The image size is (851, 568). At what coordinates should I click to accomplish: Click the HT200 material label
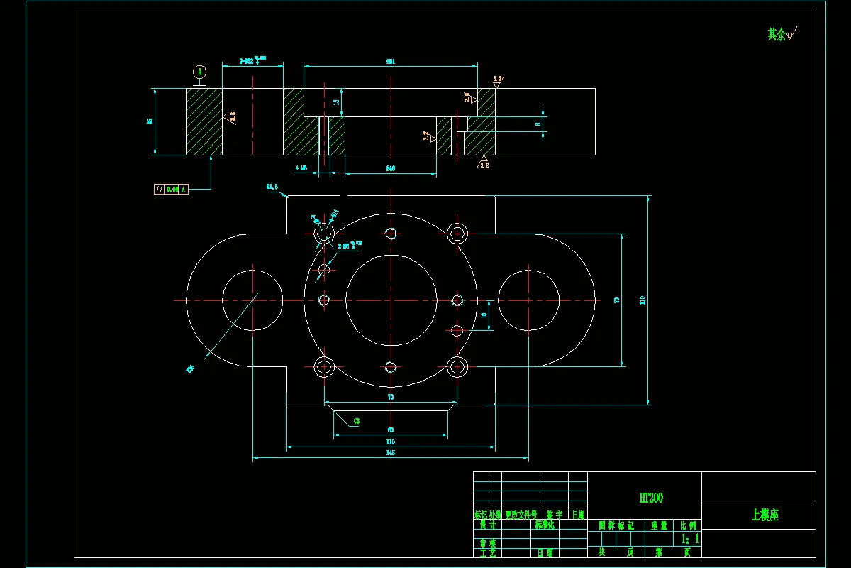click(651, 498)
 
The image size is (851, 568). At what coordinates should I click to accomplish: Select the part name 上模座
click(764, 515)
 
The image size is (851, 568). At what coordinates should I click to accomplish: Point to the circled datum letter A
click(200, 72)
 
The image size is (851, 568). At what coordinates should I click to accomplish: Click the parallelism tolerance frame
click(171, 190)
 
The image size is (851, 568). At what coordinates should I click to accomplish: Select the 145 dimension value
click(390, 452)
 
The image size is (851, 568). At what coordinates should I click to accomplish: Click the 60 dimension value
click(390, 430)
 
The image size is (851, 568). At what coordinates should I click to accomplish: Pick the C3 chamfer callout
click(356, 421)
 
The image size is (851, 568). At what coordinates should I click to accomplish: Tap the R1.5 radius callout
click(272, 187)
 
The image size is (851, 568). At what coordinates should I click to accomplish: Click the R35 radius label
click(190, 368)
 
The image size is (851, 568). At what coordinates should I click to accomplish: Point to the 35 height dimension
click(150, 121)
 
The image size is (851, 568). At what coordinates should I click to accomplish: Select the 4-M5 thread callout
click(301, 168)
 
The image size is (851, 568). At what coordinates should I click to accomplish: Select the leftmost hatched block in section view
click(204, 121)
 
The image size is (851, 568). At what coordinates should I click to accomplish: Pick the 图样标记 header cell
click(616, 525)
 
